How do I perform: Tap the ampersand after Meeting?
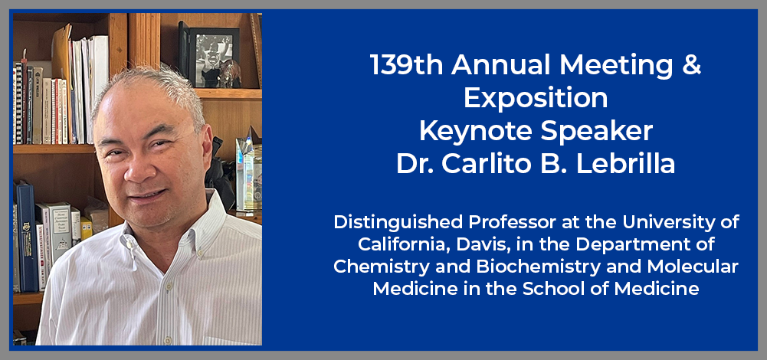(693, 65)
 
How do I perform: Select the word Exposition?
(536, 98)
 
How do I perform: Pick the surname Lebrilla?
(625, 165)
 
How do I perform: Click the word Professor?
(510, 223)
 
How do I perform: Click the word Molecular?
(697, 267)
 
